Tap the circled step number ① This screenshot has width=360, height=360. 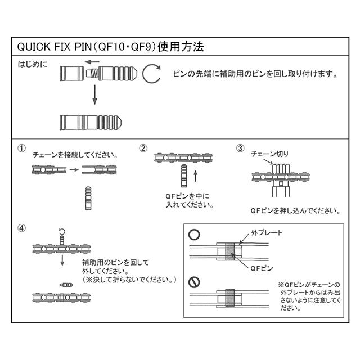pos(21,149)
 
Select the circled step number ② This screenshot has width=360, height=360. pos(143,148)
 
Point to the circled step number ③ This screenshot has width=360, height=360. pos(240,148)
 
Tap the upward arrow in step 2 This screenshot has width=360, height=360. pos(195,176)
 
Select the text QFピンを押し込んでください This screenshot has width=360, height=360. pos(295,211)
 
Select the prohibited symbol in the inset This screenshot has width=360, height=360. pos(193,280)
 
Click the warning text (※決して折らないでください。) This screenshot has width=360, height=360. pos(130,279)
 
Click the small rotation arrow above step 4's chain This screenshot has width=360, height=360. pos(62,231)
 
